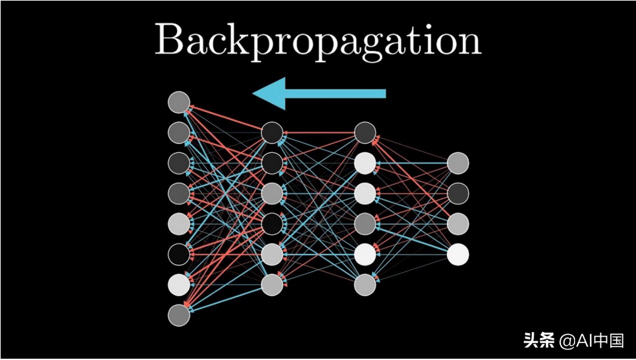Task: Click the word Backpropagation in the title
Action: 317,41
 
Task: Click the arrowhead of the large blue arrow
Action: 269,94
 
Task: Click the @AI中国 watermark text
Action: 591,341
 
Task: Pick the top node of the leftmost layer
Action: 179,102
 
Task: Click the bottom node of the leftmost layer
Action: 179,315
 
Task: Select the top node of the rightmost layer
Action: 458,163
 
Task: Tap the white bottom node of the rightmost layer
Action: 458,254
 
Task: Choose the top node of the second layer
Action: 272,133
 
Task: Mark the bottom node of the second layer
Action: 272,285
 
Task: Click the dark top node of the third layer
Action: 365,133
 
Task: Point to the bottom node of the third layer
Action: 365,285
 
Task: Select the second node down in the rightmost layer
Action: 458,194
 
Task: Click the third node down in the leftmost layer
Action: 179,163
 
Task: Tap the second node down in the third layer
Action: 365,163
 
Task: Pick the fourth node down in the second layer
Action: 272,224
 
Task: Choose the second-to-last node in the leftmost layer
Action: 179,285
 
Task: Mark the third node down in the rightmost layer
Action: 458,224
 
